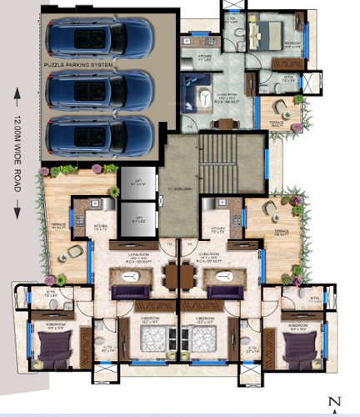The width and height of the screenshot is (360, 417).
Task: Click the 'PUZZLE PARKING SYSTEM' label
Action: [79, 63]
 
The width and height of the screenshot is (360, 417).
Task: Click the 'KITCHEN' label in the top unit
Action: [203, 58]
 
